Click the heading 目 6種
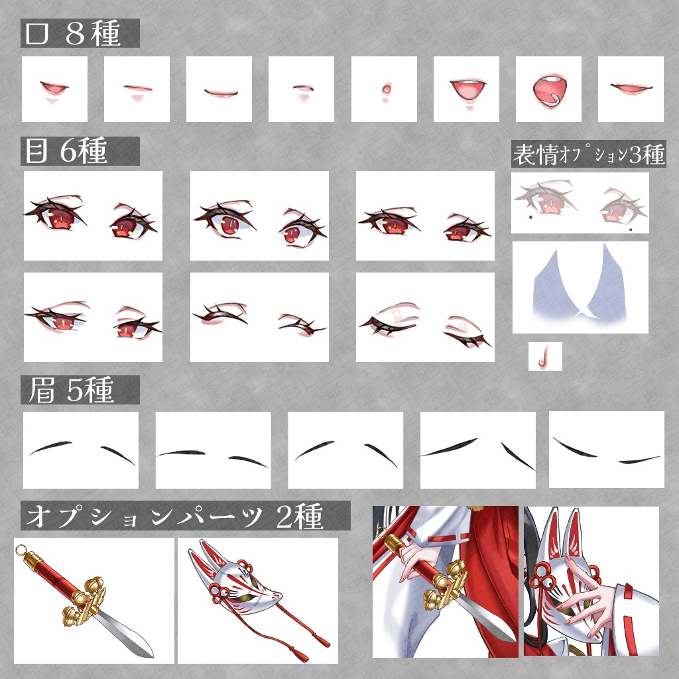[66, 151]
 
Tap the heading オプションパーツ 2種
[175, 516]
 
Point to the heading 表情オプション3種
[589, 154]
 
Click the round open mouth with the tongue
[549, 90]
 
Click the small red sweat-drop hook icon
[543, 356]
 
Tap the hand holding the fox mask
[586, 591]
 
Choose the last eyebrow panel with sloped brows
[606, 450]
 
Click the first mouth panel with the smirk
[54, 89]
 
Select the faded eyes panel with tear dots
[580, 203]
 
